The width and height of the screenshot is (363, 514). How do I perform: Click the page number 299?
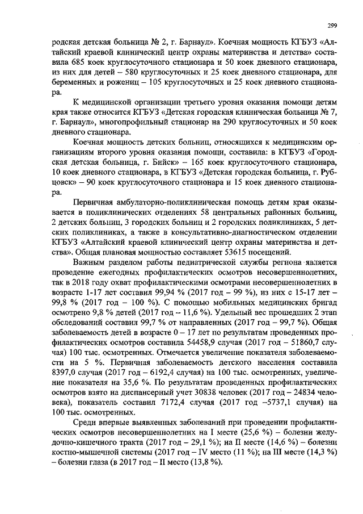point(332,25)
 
